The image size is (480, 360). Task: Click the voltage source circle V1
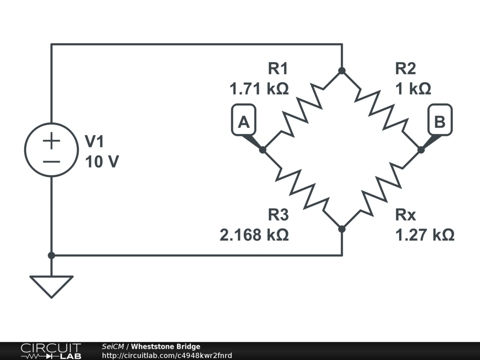click(52, 150)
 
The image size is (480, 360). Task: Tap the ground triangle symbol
click(52, 285)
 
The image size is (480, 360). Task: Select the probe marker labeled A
click(244, 122)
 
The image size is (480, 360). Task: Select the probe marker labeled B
click(440, 122)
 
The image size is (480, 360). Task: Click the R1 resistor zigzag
click(302, 110)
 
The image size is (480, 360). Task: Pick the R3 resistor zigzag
click(302, 189)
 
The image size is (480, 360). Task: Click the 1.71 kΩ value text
click(259, 89)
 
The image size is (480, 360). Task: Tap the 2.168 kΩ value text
click(254, 234)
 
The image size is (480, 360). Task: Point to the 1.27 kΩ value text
click(425, 234)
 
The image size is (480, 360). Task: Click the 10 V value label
click(102, 162)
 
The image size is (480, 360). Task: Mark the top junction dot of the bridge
click(342, 70)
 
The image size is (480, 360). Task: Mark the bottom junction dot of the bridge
click(342, 229)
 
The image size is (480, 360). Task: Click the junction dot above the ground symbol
click(52, 255)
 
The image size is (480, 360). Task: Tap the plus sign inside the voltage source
click(52, 141)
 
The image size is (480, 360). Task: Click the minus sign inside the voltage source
click(52, 162)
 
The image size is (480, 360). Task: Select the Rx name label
click(405, 215)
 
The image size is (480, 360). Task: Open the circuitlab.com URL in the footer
click(167, 355)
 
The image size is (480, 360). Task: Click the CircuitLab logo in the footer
click(51, 351)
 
